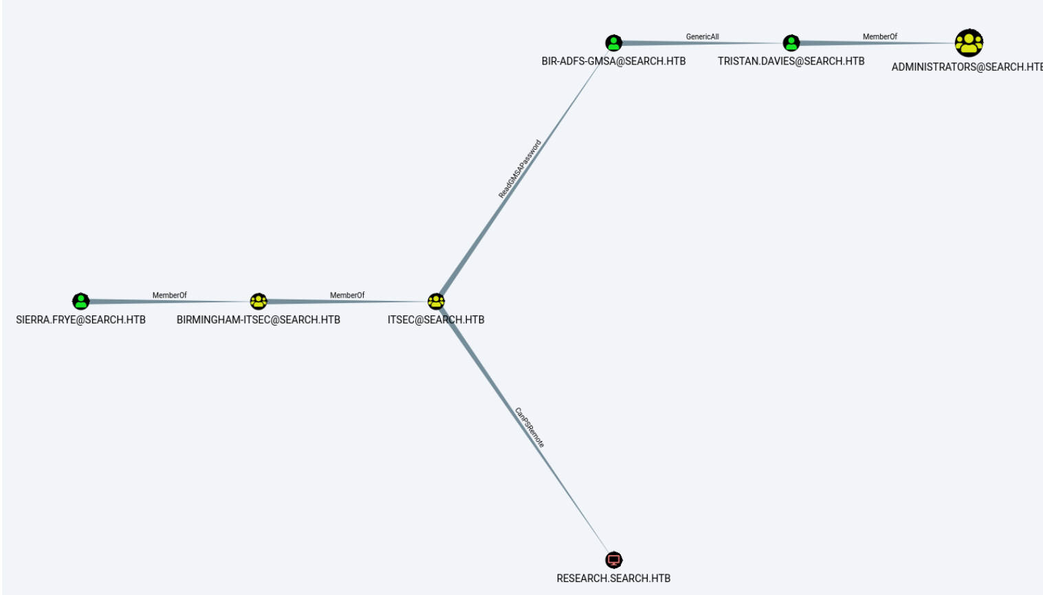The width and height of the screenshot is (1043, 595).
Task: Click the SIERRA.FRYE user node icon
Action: [81, 301]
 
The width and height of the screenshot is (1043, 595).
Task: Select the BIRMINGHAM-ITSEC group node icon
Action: [259, 301]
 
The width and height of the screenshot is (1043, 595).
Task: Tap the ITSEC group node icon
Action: [436, 301]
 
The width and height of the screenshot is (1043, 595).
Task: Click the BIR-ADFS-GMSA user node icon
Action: [613, 43]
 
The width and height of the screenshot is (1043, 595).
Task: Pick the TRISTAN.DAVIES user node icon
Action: [791, 43]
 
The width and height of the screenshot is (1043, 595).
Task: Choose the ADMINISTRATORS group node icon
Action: [969, 43]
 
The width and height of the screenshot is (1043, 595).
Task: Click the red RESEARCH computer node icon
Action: [613, 559]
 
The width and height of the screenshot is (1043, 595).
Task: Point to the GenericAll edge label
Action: [702, 37]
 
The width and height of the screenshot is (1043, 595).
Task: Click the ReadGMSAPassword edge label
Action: [520, 169]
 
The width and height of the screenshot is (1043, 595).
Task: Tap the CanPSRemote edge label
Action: [529, 427]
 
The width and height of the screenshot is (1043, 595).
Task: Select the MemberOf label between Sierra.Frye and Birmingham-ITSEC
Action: [169, 295]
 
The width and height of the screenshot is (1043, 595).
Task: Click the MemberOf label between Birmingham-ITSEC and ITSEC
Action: [347, 295]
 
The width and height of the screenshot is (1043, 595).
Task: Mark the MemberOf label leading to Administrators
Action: [880, 37]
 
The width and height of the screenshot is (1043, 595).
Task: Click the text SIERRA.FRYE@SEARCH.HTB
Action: [81, 319]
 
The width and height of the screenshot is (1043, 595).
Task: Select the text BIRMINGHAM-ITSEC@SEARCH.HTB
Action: [259, 319]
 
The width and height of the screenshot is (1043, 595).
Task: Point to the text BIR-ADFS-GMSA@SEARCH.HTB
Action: [613, 61]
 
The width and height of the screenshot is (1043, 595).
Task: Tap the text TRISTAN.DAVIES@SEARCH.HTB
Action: [791, 61]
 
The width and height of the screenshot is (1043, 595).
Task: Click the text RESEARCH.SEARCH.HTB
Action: [613, 579]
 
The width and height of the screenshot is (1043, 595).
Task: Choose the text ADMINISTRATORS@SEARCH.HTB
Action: [966, 67]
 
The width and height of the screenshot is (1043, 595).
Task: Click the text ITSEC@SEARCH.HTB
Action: [436, 319]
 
